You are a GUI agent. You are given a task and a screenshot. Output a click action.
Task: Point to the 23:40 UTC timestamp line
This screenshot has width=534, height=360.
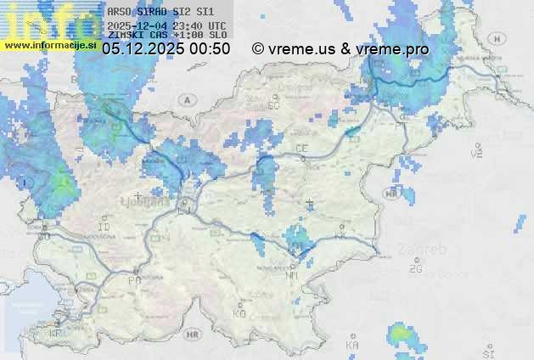coord(166,25)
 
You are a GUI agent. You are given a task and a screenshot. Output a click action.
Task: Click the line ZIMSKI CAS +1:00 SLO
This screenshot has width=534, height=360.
coord(166,36)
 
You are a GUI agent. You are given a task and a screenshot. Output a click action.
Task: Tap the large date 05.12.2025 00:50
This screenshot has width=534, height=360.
coord(166,49)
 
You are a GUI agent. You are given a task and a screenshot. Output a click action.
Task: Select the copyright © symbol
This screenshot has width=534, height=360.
coord(258,49)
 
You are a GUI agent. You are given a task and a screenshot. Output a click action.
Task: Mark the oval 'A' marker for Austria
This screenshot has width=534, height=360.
coord(184,99)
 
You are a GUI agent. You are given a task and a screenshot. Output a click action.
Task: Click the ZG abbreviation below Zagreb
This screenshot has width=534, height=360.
coord(415,268)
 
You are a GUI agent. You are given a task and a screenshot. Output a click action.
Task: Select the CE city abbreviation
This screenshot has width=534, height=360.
coord(301,148)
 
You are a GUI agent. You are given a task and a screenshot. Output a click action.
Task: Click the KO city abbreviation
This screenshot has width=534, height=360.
coord(239,313)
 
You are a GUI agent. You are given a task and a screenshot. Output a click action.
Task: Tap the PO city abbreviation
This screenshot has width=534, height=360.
coord(134,279)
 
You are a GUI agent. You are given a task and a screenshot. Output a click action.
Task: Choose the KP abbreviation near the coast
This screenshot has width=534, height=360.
coord(56,334)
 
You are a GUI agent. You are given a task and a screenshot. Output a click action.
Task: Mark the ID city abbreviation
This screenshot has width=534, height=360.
coord(104,228)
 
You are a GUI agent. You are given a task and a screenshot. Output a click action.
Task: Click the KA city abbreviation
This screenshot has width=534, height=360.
coord(351,345)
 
